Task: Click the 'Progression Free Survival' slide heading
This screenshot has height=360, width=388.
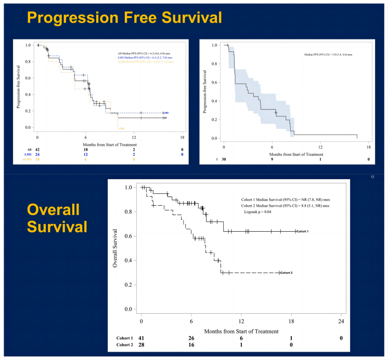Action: [x=124, y=17]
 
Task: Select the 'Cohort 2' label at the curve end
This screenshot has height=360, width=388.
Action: [x=289, y=273]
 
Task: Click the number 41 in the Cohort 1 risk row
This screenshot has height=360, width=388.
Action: [x=141, y=337]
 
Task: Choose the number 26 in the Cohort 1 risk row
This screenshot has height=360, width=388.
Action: [x=191, y=337]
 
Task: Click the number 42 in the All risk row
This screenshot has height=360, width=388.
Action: [x=37, y=149]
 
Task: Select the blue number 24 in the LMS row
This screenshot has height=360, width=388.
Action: [x=37, y=155]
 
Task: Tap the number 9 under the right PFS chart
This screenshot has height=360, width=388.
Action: [x=273, y=159]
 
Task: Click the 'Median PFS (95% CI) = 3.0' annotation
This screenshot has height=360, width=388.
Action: [x=328, y=55]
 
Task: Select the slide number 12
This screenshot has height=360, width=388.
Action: [x=372, y=177]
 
